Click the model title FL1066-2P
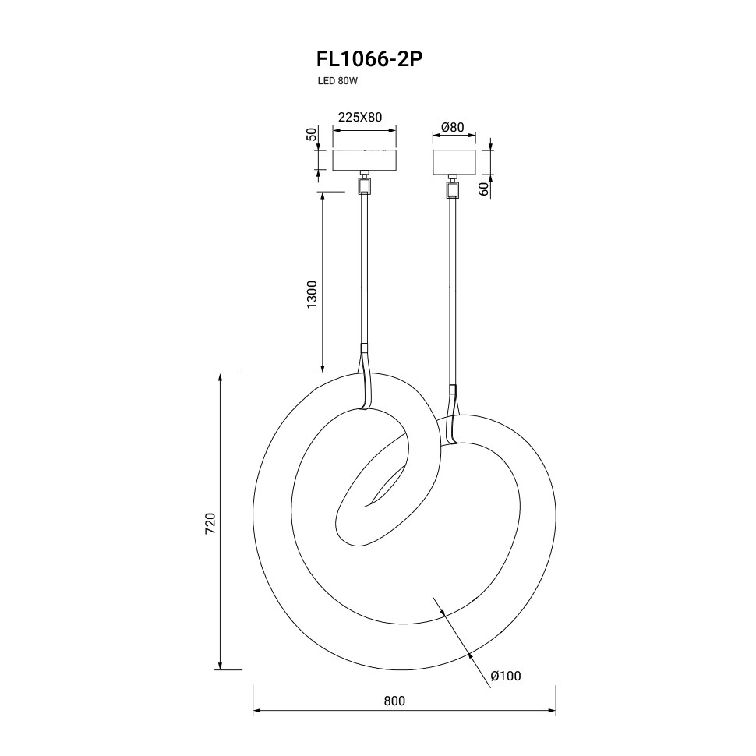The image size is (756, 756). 369,59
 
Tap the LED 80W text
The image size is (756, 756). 337,81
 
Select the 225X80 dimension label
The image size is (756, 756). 359,117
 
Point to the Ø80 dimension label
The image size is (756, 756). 452,127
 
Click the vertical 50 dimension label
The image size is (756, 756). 313,134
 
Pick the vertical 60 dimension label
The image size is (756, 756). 483,189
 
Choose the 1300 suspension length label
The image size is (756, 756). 312,294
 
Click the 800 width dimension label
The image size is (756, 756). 394,701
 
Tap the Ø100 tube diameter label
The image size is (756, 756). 506,676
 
